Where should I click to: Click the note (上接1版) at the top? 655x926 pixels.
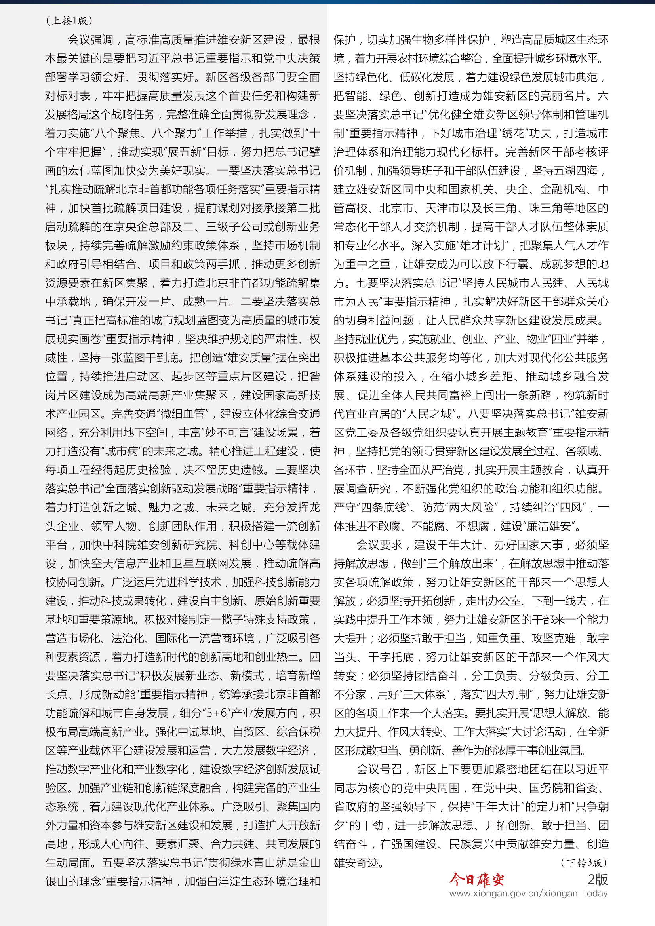[69, 21]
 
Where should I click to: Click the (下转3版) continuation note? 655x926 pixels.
[583, 863]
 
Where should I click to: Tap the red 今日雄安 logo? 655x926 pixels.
[477, 879]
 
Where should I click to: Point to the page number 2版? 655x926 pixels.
[597, 879]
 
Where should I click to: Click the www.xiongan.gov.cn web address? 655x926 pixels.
[528, 893]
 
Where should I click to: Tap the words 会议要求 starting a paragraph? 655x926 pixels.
[379, 545]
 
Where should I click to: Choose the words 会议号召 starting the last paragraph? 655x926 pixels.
[379, 770]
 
